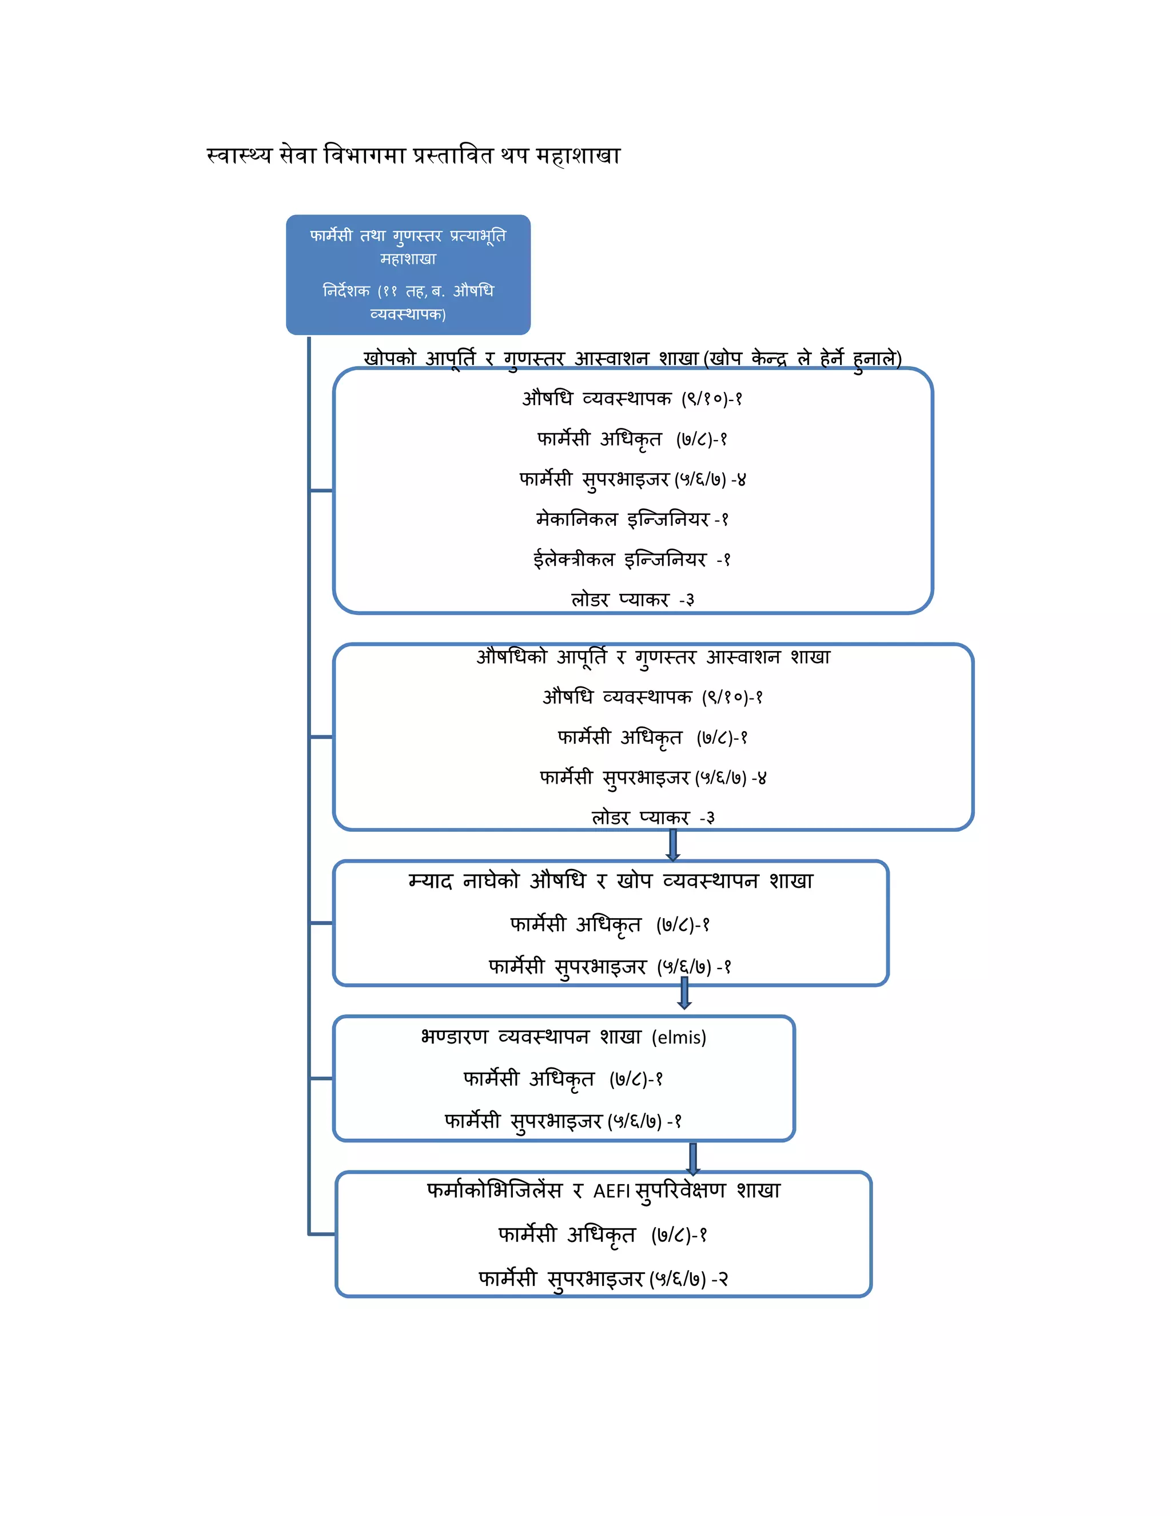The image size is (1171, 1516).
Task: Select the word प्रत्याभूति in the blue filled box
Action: pyautogui.click(x=478, y=236)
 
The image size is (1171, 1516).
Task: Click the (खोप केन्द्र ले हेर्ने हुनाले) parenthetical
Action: pyautogui.click(x=803, y=358)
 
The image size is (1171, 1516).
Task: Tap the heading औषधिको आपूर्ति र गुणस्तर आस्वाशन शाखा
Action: pyautogui.click(x=653, y=657)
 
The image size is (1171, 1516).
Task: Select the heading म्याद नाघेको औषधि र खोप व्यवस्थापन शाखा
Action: pyautogui.click(x=611, y=881)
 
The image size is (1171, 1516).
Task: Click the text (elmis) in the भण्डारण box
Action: pyautogui.click(x=679, y=1037)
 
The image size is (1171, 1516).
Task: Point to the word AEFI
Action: pyautogui.click(x=611, y=1191)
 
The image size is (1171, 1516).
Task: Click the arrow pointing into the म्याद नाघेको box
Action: pyautogui.click(x=672, y=846)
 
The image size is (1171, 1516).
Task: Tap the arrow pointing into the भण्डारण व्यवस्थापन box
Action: pyautogui.click(x=684, y=993)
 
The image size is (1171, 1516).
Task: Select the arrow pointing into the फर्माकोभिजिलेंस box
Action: pyautogui.click(x=692, y=1158)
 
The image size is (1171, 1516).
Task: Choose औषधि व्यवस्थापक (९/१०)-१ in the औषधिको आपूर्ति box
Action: pyautogui.click(x=653, y=697)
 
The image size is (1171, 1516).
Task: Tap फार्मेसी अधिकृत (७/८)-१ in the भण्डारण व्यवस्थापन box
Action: pyautogui.click(x=563, y=1079)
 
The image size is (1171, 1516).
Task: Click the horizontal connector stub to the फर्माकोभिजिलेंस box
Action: pyautogui.click(x=322, y=1234)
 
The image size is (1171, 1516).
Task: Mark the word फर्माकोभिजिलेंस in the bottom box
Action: pyautogui.click(x=494, y=1191)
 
